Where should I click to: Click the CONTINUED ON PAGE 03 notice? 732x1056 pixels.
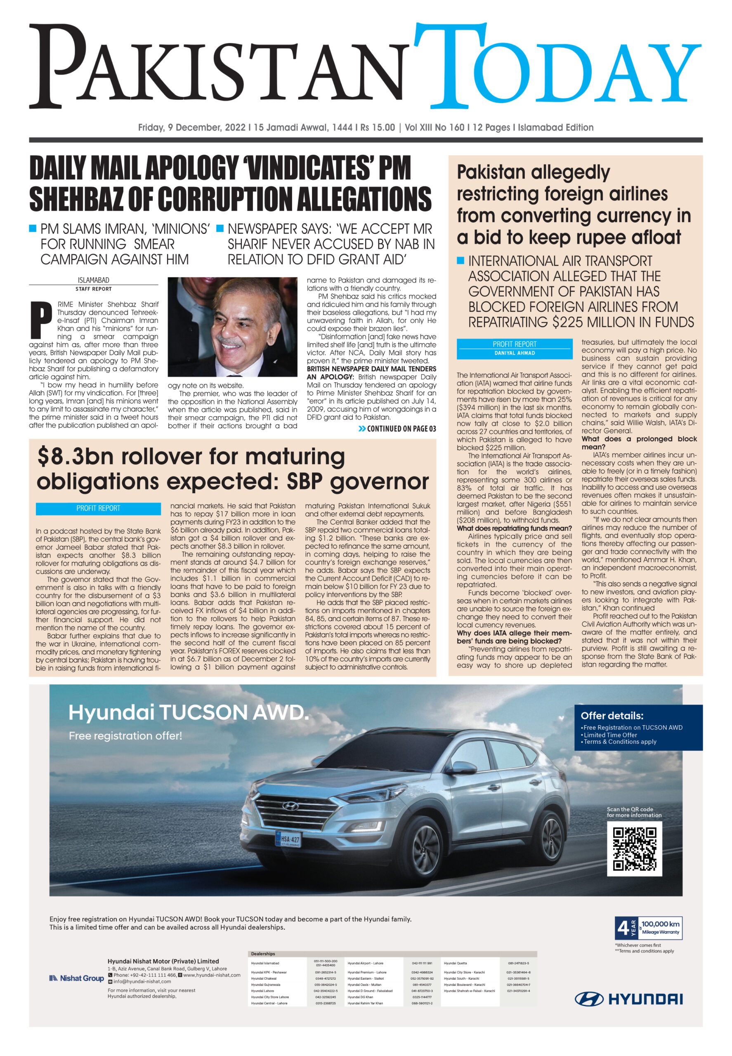click(x=397, y=429)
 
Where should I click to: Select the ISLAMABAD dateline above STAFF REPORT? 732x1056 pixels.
click(x=94, y=280)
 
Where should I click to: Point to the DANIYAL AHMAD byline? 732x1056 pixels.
click(x=514, y=353)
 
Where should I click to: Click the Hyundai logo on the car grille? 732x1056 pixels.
click(x=289, y=806)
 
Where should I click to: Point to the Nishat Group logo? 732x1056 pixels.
click(x=77, y=978)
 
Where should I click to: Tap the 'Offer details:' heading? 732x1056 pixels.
click(x=612, y=716)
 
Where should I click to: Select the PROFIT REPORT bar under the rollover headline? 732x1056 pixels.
click(x=98, y=508)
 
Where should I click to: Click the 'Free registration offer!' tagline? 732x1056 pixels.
click(x=125, y=735)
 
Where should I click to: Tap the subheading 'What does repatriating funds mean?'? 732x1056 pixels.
click(x=514, y=528)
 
